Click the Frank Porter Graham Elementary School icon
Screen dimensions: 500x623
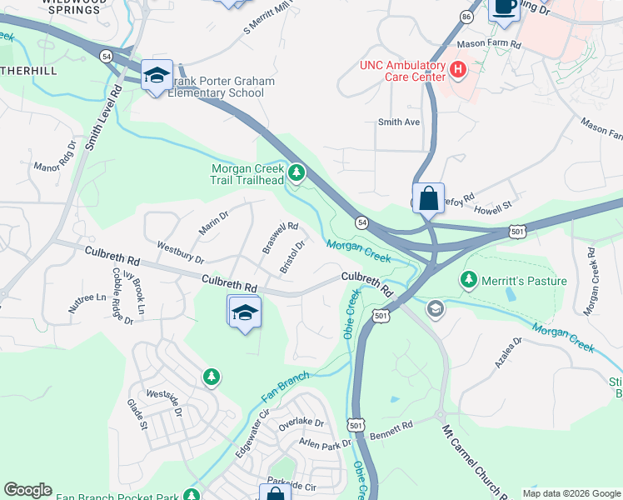click(x=157, y=76)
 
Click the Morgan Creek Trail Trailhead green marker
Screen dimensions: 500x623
click(x=297, y=174)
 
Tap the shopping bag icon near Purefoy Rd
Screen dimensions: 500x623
click(x=428, y=200)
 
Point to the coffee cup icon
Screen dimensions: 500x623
click(x=504, y=7)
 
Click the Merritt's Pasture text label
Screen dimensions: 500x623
click(x=525, y=281)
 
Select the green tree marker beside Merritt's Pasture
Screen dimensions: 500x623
click(x=469, y=280)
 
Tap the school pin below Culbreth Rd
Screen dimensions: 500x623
click(x=244, y=312)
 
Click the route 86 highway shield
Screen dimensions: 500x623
click(x=466, y=16)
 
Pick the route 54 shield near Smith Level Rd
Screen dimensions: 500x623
click(x=106, y=55)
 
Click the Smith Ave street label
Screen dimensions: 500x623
click(x=399, y=122)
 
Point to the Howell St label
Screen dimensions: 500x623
click(x=494, y=204)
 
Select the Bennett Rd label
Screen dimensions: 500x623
click(x=391, y=427)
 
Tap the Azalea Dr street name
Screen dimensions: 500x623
click(x=506, y=352)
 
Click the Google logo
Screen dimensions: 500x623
click(x=27, y=490)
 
